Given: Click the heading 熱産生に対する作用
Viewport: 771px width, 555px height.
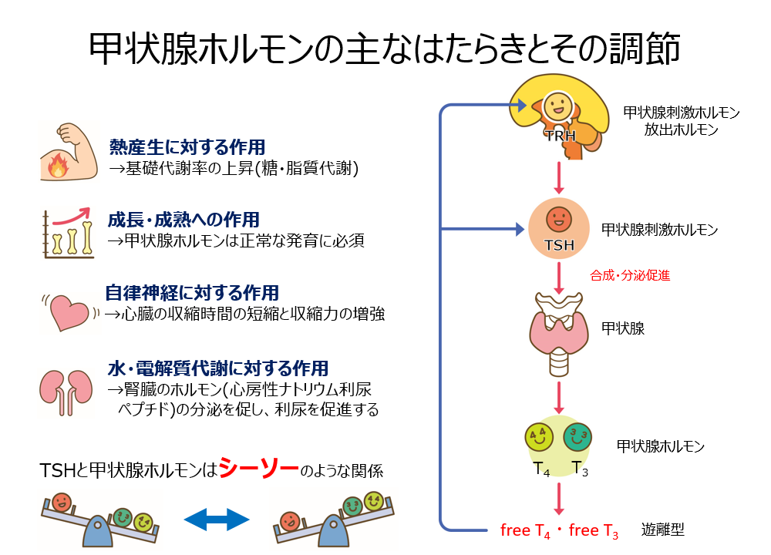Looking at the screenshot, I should tap(187, 146).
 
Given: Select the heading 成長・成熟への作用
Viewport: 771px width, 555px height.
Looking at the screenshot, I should tap(183, 220).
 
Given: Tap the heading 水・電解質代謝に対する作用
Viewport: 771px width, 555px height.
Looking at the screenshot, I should tap(217, 368).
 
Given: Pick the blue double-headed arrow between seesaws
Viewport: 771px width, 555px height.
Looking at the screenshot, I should tap(217, 520).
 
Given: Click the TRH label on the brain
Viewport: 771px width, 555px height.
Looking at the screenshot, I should tap(559, 136).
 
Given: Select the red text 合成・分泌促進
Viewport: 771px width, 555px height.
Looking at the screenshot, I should tap(629, 274).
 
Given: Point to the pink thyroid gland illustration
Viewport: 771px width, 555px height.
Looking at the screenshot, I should tap(558, 328).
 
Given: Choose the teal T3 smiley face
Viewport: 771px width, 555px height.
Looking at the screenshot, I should tap(578, 437).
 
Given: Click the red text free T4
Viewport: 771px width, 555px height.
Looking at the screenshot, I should tap(525, 530).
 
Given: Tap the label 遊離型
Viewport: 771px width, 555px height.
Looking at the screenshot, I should tap(662, 530).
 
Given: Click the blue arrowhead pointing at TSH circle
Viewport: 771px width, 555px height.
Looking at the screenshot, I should tap(519, 229).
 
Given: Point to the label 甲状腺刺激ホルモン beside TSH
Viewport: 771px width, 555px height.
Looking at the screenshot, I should tap(659, 230).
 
